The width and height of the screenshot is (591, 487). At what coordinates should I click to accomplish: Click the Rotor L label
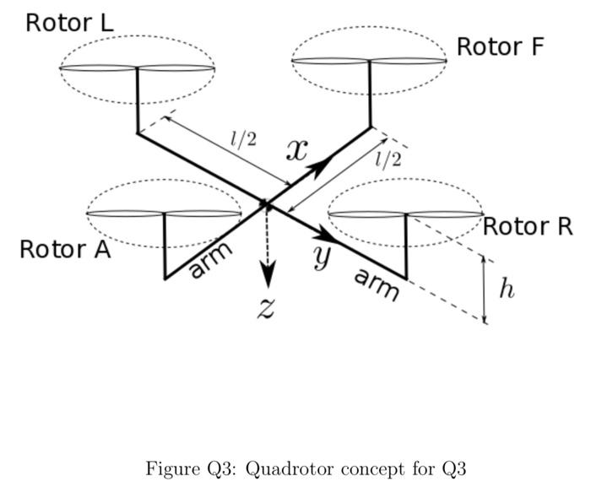[69, 22]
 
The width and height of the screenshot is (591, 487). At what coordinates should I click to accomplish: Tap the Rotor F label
[500, 46]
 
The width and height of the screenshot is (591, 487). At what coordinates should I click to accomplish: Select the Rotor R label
[528, 226]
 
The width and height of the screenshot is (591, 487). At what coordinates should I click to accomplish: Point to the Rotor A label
[64, 250]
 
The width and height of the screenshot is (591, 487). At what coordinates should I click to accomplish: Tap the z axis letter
[266, 309]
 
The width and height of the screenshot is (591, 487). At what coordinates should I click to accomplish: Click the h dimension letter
[506, 289]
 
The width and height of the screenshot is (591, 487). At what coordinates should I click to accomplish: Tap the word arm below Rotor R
[376, 284]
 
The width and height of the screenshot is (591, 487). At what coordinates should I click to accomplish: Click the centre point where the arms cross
[266, 203]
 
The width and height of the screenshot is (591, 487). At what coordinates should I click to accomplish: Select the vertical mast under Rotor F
[371, 95]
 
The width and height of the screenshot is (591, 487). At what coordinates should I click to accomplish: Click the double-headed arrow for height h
[485, 289]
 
